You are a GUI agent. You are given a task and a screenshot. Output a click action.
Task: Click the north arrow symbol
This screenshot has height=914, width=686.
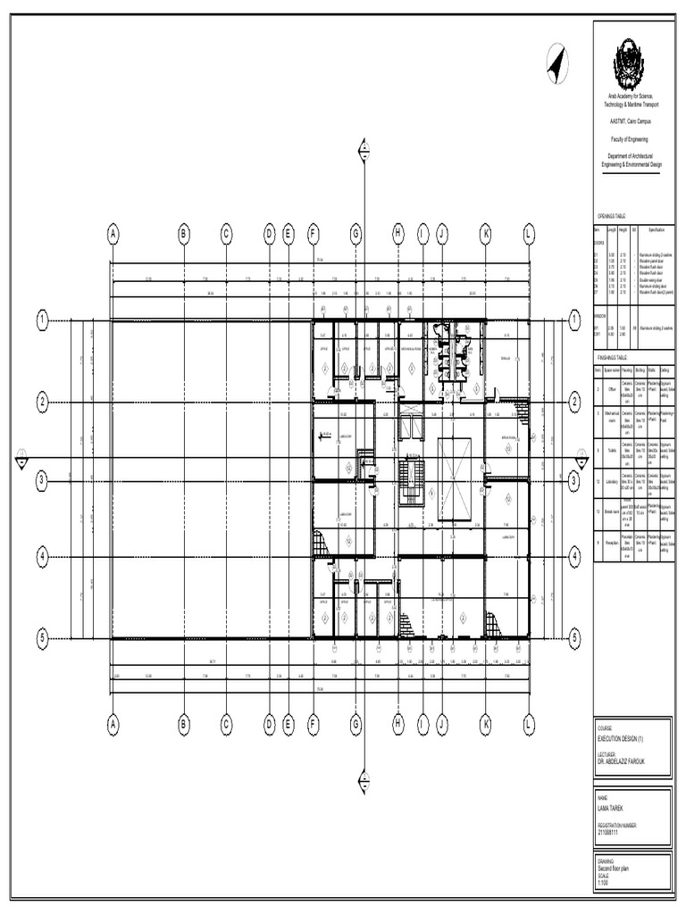click(557, 65)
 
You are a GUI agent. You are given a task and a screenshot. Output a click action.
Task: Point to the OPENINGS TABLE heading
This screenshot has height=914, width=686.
click(613, 217)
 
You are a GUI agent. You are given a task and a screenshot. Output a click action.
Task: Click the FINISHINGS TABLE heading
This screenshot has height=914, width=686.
click(615, 355)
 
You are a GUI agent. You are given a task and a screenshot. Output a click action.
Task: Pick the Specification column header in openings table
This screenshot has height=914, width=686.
click(650, 230)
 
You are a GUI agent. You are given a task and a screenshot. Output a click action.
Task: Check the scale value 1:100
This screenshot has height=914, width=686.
click(604, 882)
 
